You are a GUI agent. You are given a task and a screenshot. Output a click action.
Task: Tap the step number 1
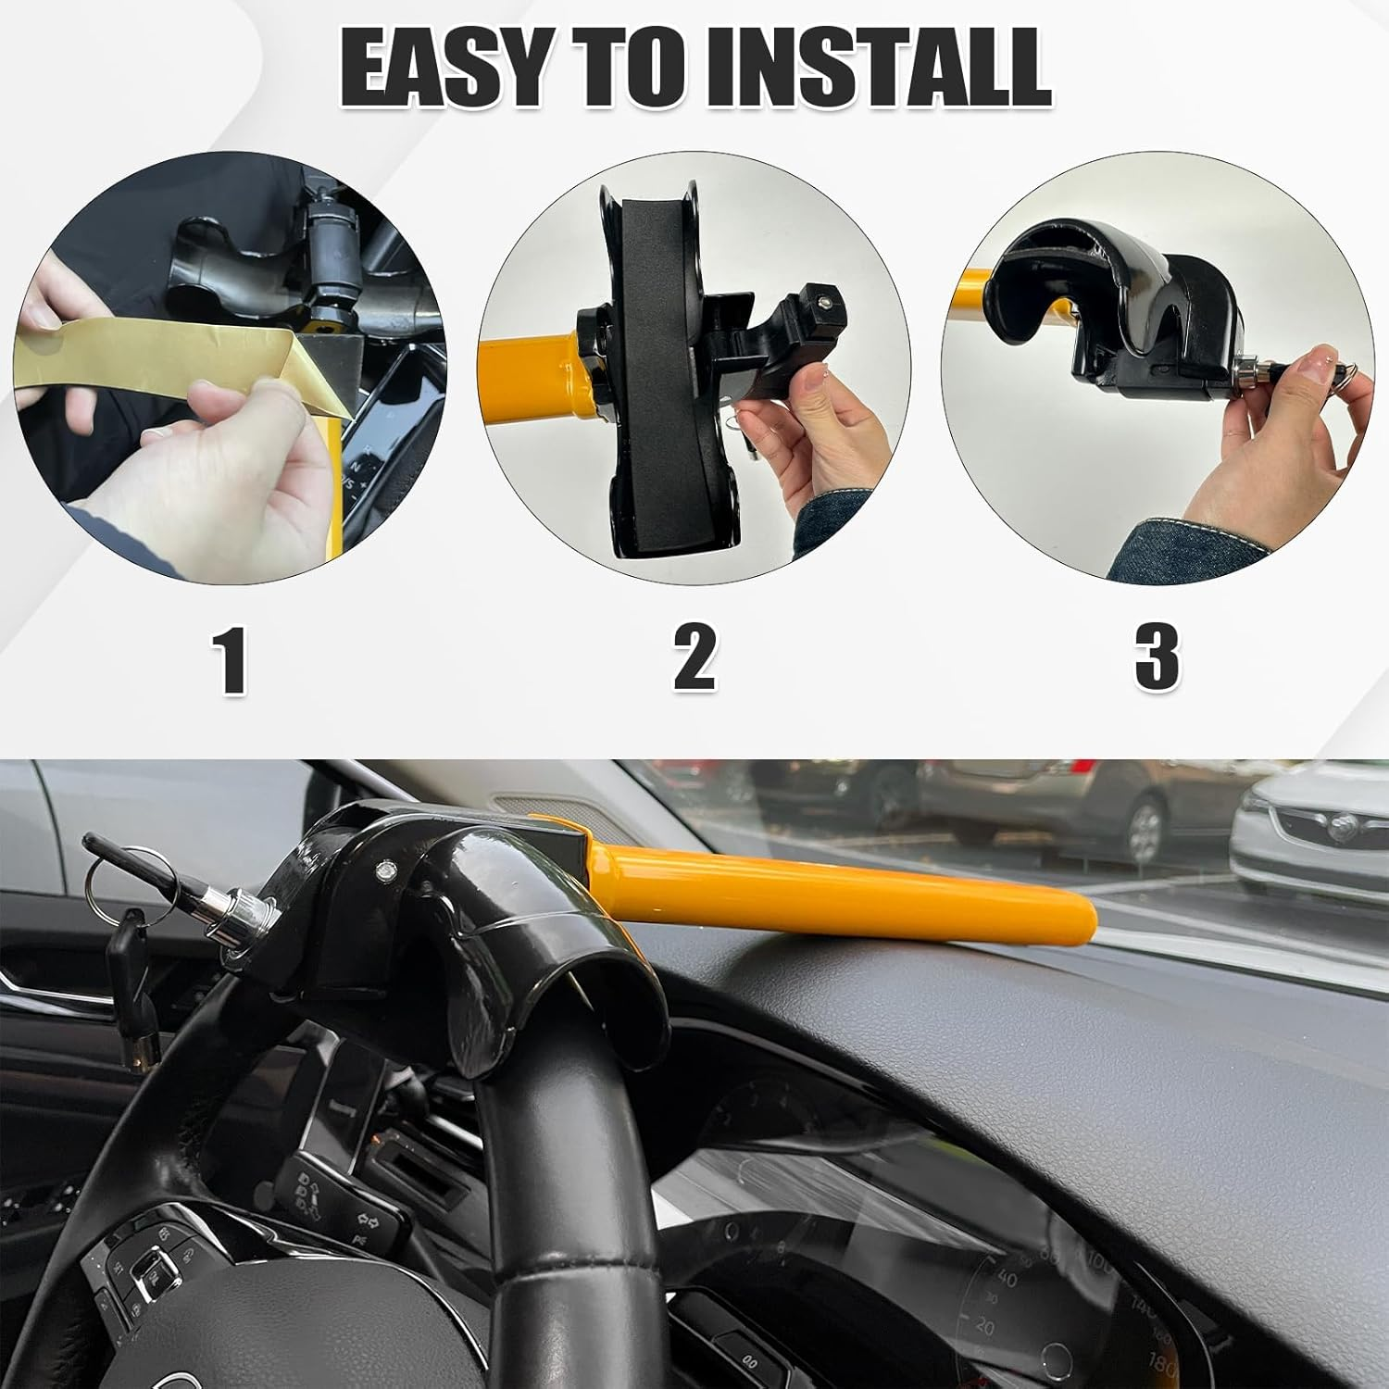click(230, 658)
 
